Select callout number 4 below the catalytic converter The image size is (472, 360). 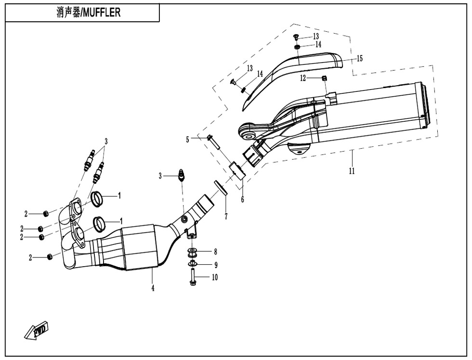point(153,289)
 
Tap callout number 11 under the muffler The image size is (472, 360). point(352,171)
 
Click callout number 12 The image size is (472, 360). point(303,78)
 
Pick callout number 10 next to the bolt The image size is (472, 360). point(214,277)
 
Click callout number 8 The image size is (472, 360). point(215,251)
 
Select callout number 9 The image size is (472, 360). point(215,264)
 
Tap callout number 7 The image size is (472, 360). point(225,217)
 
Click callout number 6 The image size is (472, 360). point(242,199)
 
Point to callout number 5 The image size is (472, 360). point(188,139)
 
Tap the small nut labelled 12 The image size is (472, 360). point(325,78)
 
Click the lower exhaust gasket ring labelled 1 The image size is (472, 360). point(100,223)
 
